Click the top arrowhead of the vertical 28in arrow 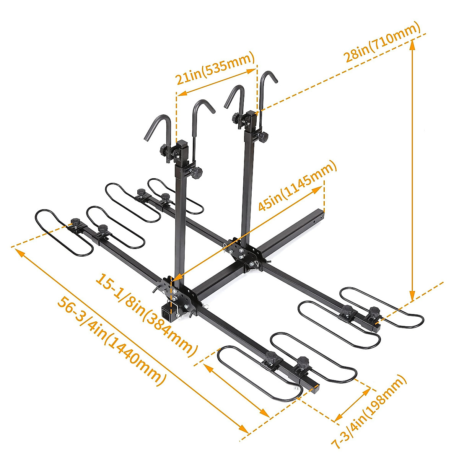point(412,44)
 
